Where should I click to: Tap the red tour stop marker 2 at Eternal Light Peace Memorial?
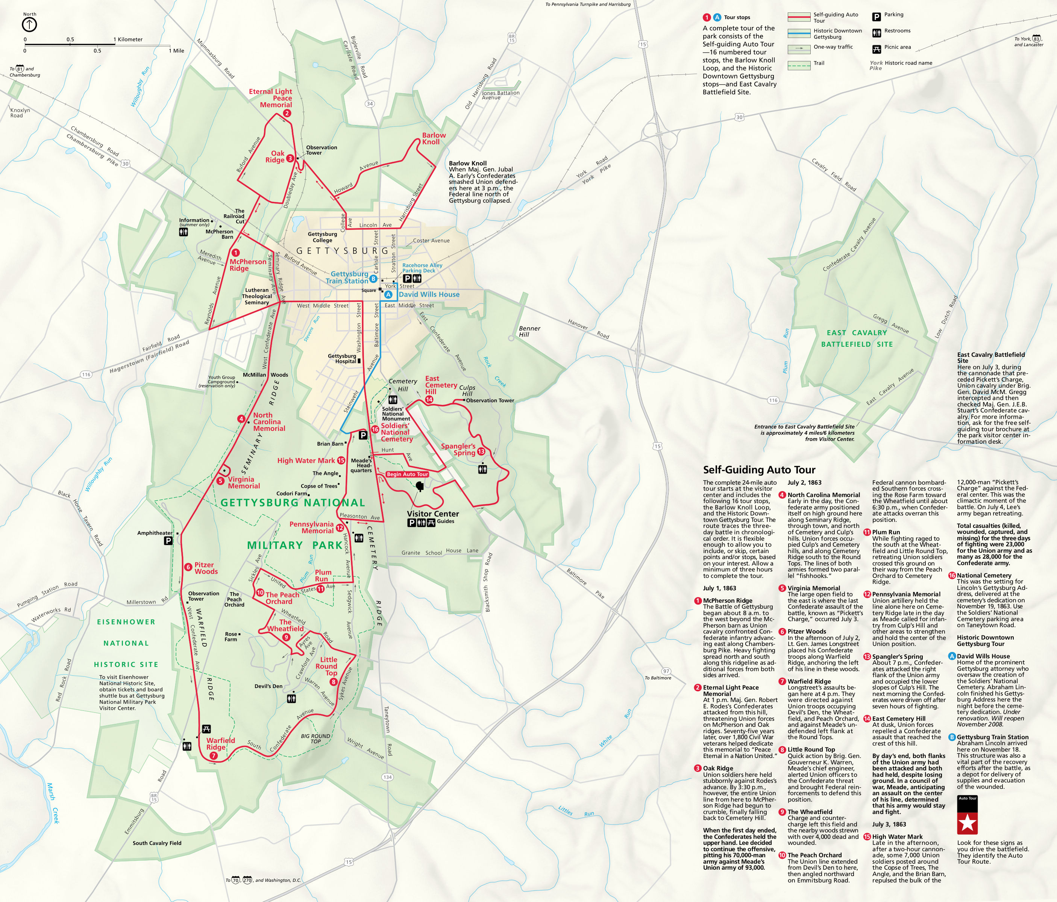(x=287, y=113)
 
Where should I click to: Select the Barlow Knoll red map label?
(x=434, y=139)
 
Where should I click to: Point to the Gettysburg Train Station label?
(x=349, y=277)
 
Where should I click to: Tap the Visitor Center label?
(x=432, y=514)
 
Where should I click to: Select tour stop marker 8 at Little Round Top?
(x=333, y=682)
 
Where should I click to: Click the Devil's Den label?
(x=268, y=686)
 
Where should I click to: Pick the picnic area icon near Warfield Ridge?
(x=206, y=729)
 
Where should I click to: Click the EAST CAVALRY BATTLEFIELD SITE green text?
(x=857, y=338)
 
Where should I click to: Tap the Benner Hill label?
(x=529, y=331)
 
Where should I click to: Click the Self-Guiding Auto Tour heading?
(x=759, y=470)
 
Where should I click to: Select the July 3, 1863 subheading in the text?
(x=889, y=824)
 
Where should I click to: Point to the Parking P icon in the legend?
(x=877, y=17)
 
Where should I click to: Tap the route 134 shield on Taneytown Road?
(x=387, y=777)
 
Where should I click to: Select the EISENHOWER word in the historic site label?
(x=126, y=622)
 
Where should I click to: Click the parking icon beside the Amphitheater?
(x=168, y=541)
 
